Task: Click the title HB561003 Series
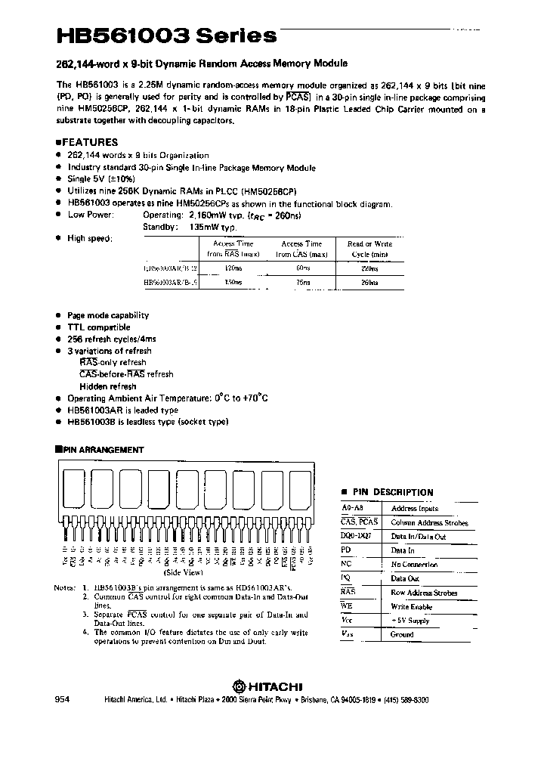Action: [x=166, y=36]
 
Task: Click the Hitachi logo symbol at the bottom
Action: [x=239, y=686]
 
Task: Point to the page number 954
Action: [x=63, y=701]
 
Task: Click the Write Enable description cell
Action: [x=411, y=607]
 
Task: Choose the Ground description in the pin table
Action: [x=402, y=634]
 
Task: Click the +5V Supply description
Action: [x=410, y=621]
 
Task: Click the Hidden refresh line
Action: [x=107, y=386]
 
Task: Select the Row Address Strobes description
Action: [x=424, y=593]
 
